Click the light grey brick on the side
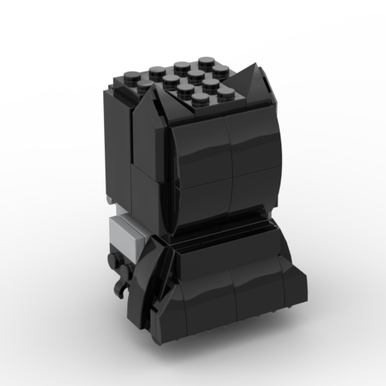(x=127, y=234)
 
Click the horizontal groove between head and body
(x=226, y=230)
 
